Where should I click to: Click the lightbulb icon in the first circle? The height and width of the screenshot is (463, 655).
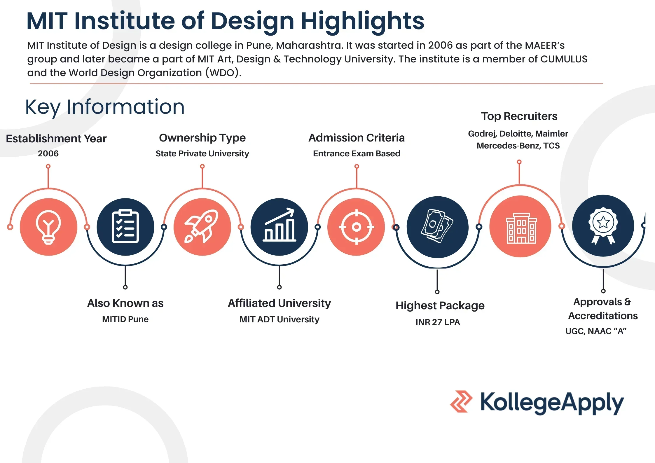(x=48, y=227)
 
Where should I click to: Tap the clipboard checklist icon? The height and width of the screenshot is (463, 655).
(x=125, y=227)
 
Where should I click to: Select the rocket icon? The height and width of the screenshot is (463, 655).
(x=202, y=227)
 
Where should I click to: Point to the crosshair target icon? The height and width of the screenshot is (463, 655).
(x=356, y=227)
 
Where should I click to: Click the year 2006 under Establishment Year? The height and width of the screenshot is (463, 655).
(x=48, y=153)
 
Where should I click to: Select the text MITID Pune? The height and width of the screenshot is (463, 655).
(x=125, y=319)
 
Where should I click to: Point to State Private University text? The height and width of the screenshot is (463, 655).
(x=202, y=153)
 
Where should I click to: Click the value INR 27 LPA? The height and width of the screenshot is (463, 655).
(x=438, y=322)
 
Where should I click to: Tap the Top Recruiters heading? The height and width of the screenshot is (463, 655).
(x=519, y=116)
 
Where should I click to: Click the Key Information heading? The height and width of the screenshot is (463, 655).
(x=105, y=107)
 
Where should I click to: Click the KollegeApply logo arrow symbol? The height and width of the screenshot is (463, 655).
(x=461, y=402)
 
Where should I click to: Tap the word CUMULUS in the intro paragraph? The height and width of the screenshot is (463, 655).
(x=564, y=59)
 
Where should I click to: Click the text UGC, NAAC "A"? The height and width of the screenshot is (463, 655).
(x=596, y=331)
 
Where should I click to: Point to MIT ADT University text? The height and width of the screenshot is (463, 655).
(x=279, y=319)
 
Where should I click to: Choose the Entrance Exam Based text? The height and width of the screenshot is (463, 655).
(x=357, y=153)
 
